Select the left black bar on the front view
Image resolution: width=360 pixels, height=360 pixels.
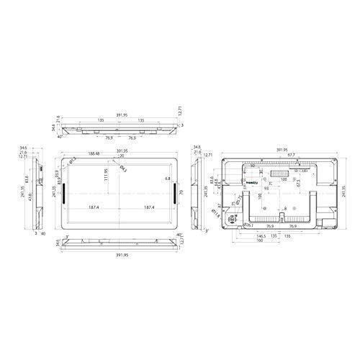point(63,193)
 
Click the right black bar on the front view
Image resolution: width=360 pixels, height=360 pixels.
point(174,193)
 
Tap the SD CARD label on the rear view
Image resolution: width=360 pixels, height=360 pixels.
point(284,170)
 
